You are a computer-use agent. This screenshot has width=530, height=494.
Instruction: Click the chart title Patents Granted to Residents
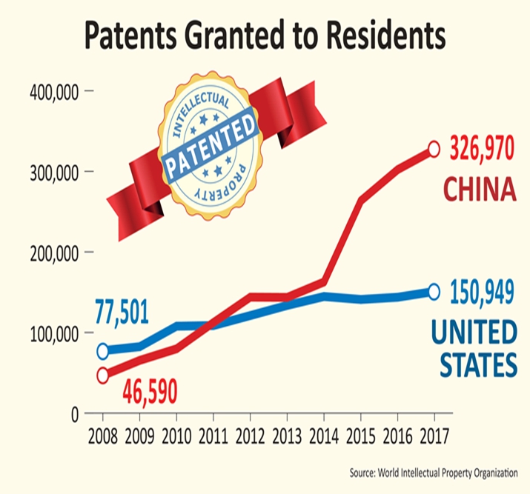pos(265,36)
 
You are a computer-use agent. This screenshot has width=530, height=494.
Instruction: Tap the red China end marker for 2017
pos(434,150)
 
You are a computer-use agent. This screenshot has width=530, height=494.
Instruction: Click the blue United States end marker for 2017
pos(434,292)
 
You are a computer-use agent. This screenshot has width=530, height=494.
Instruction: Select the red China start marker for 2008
pos(103,375)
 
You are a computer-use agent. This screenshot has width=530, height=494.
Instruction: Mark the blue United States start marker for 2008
pos(103,351)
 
